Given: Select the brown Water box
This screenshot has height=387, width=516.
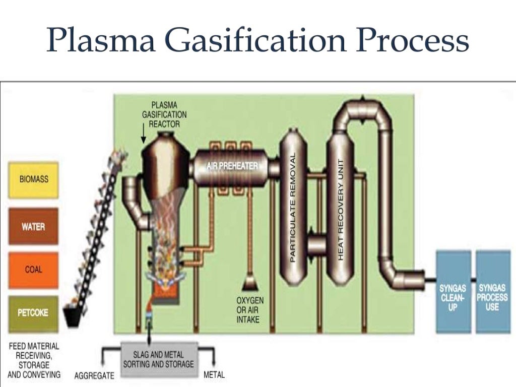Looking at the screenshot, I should coord(33,226).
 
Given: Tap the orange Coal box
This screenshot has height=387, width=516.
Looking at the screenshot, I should coord(33,270).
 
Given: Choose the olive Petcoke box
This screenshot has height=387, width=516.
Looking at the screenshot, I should coord(33,313).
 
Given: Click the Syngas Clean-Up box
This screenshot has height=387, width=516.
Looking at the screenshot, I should coord(453,292).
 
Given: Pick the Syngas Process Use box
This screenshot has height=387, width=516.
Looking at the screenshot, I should coord(493,292).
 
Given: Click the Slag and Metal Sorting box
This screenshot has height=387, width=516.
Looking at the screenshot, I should coord(158,359).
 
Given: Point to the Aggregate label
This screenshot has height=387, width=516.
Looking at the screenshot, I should coord(94,375).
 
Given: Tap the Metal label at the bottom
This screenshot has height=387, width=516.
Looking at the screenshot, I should coord(214,375).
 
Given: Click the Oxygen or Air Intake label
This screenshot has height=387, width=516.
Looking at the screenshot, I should coord(249,309).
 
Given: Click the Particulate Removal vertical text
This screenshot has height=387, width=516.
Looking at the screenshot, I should coord(293,207).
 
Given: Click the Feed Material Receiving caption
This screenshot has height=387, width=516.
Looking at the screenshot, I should coord(34,360).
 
